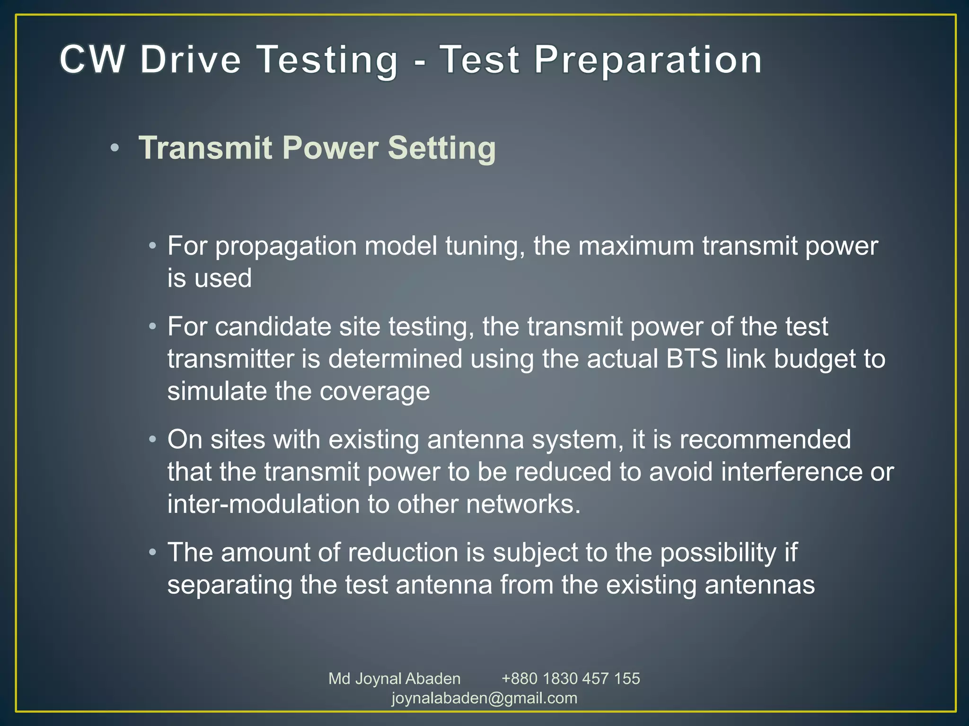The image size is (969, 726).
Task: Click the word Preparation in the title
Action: pyautogui.click(x=648, y=60)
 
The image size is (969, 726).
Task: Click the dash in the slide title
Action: pyautogui.click(x=419, y=61)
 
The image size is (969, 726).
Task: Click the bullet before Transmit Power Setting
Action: pyautogui.click(x=114, y=148)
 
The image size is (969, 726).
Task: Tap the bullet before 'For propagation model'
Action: pyautogui.click(x=152, y=246)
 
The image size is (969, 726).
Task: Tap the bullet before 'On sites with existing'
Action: pyautogui.click(x=152, y=440)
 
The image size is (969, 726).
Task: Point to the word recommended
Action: pyautogui.click(x=765, y=440)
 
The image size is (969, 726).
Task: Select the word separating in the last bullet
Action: pyautogui.click(x=229, y=585)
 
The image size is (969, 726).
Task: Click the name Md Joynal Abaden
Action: pyautogui.click(x=394, y=678)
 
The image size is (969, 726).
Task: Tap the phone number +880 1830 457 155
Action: pyautogui.click(x=570, y=678)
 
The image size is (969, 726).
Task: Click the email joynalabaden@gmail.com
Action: pyautogui.click(x=484, y=698)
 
